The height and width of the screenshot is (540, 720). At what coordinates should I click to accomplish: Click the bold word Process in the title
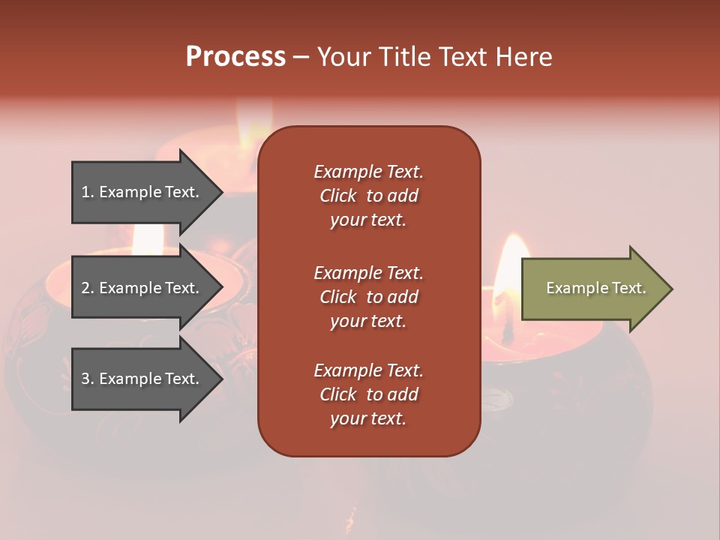(235, 57)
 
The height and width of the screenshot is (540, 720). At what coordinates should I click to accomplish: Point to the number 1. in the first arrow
(88, 192)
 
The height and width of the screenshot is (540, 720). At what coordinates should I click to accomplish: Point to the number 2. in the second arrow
(88, 288)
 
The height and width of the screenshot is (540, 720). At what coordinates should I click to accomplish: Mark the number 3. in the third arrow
(88, 379)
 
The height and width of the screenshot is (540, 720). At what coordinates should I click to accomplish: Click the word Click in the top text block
(338, 196)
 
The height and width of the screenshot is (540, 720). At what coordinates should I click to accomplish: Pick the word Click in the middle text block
(338, 297)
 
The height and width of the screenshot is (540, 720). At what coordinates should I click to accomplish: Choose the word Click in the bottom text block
(338, 394)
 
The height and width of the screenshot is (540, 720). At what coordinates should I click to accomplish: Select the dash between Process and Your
(301, 58)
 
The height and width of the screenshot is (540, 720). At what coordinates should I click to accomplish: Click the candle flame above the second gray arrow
(148, 238)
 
